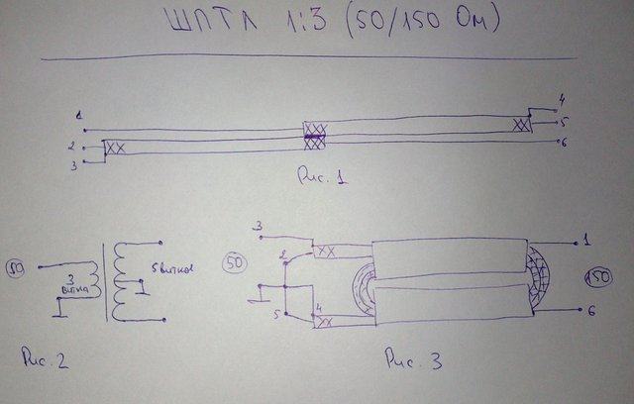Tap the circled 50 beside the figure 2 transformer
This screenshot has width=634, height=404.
pyautogui.click(x=17, y=266)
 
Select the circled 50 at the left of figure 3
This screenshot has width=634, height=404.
pyautogui.click(x=236, y=263)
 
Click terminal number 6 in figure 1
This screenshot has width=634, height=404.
pyautogui.click(x=563, y=145)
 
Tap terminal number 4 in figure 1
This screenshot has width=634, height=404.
pyautogui.click(x=562, y=99)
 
